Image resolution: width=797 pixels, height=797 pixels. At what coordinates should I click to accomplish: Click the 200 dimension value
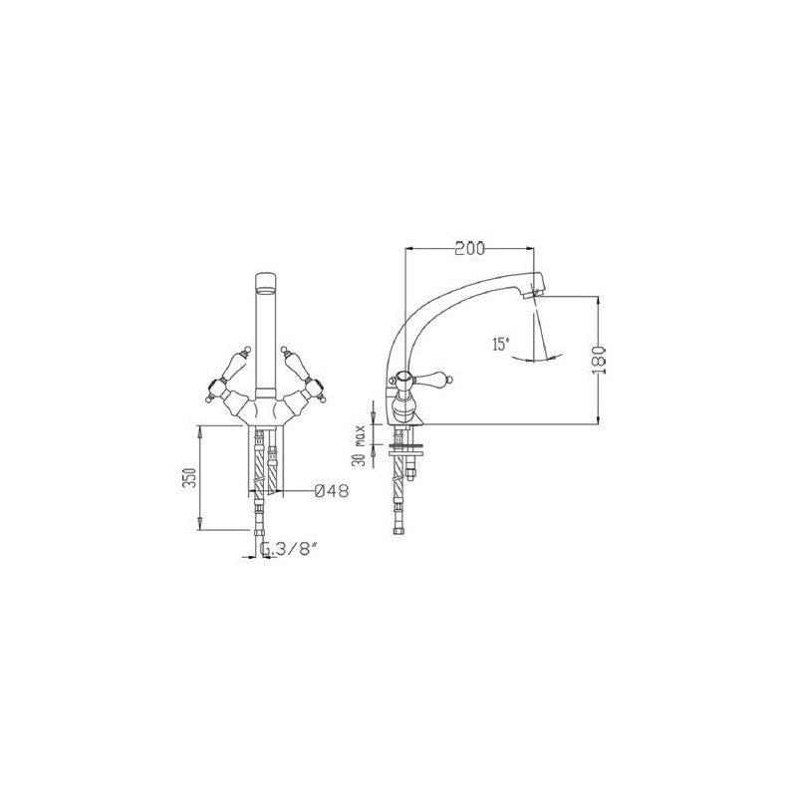pos(469,248)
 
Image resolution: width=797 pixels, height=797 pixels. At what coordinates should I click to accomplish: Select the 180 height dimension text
pos(601,360)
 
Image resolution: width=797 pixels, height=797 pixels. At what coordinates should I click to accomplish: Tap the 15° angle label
pos(500,344)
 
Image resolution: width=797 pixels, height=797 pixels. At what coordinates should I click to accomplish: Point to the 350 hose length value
pos(188,477)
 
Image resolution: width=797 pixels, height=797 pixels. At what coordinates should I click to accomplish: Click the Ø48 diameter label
pos(332,491)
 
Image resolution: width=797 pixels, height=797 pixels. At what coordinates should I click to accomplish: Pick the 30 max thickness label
pos(361,445)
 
